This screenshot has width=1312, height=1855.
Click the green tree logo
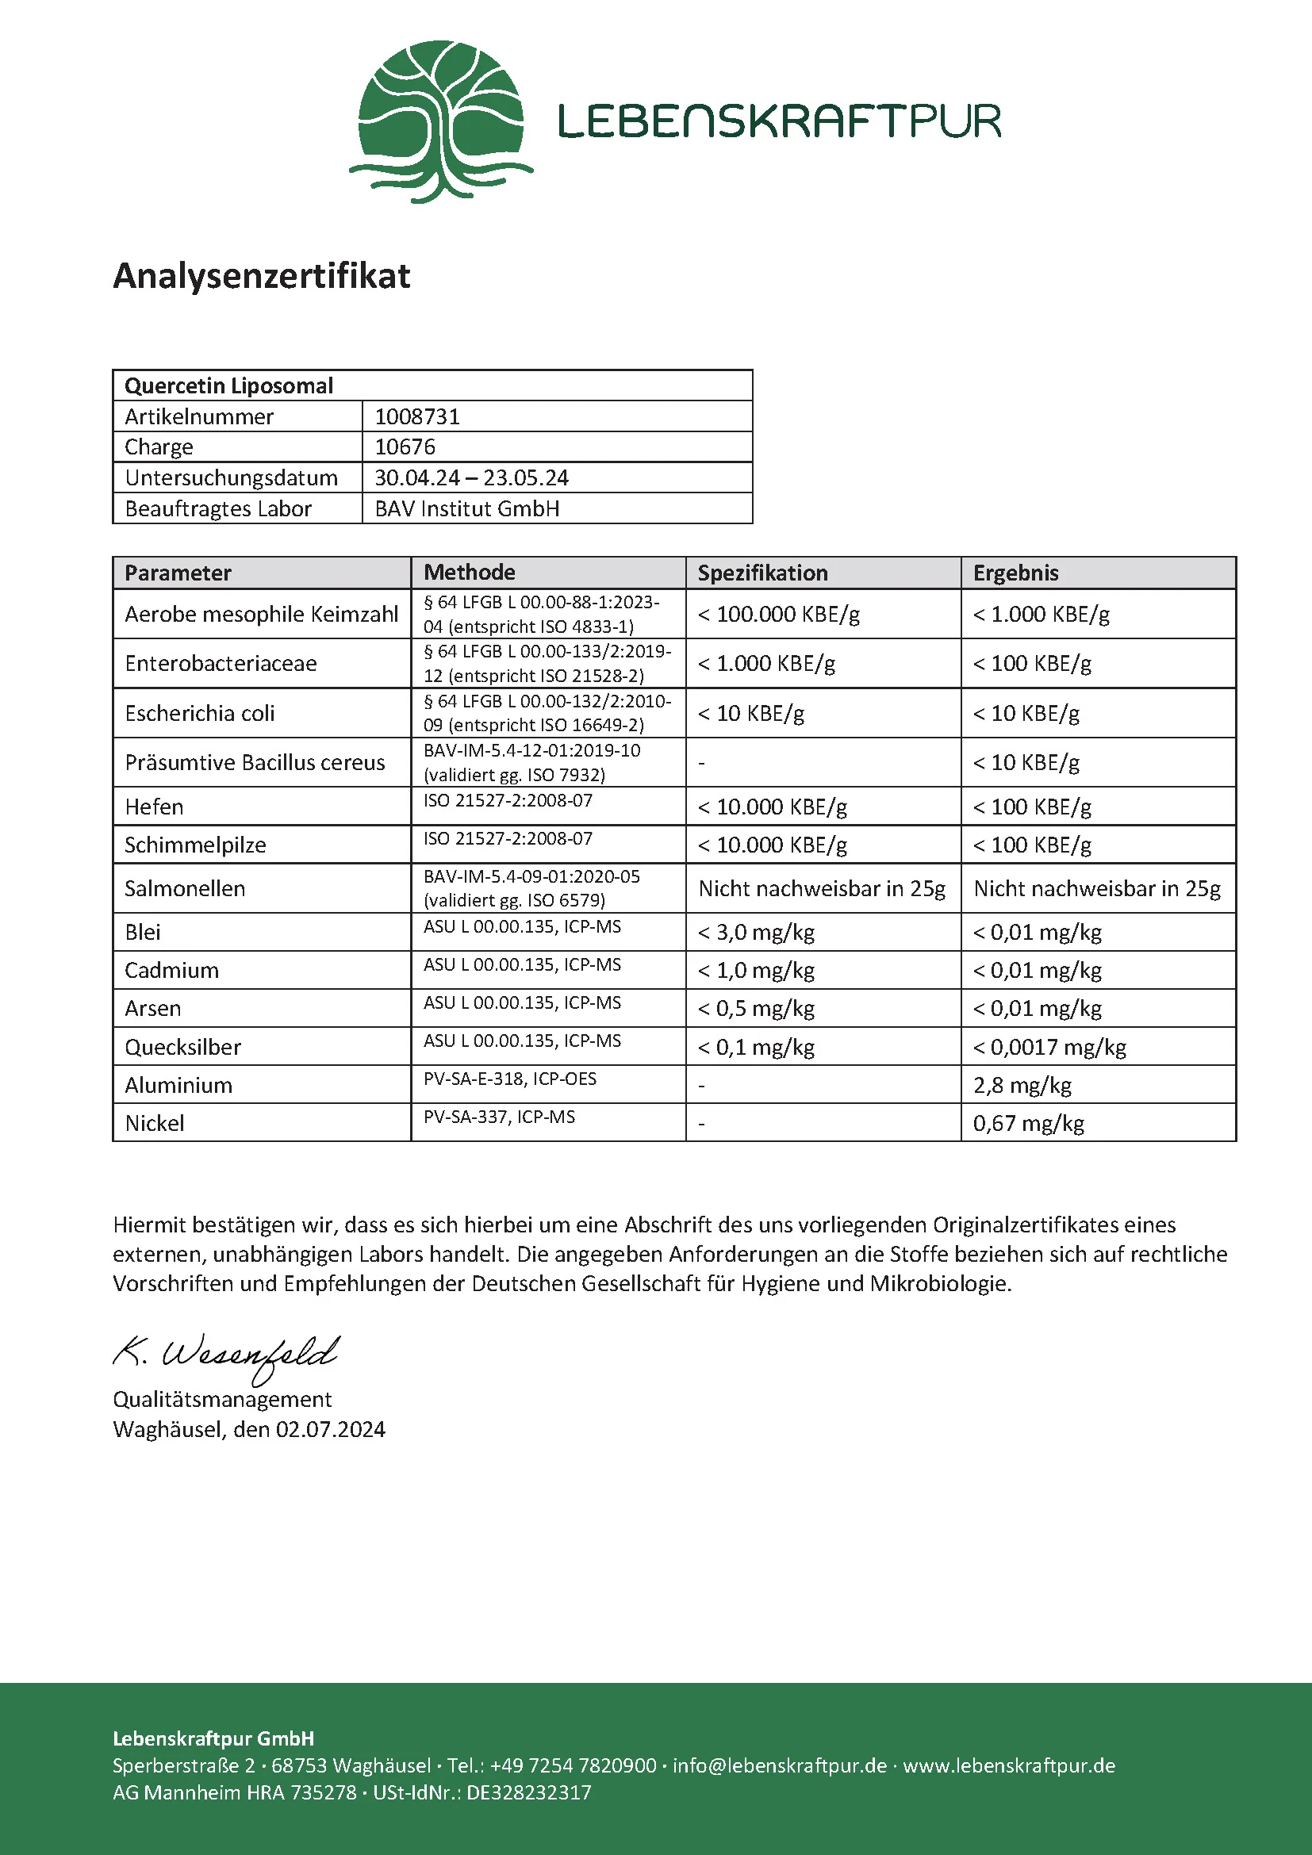[440, 121]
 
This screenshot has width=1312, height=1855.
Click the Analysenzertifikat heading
[262, 275]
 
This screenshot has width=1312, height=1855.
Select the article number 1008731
[417, 416]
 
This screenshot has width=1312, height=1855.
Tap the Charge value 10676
[405, 447]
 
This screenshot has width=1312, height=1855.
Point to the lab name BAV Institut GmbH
[467, 508]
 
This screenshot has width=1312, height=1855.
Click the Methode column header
[470, 572]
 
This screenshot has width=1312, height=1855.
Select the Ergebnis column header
[1015, 573]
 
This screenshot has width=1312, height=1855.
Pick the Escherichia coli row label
[200, 713]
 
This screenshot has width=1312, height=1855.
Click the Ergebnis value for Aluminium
[1022, 1085]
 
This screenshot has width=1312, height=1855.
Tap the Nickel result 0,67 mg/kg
[1029, 1123]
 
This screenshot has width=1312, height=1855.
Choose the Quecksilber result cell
[1049, 1047]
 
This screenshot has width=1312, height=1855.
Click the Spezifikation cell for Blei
[756, 933]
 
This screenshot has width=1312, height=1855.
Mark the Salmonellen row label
[185, 889]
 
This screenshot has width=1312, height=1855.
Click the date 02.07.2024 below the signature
[331, 1429]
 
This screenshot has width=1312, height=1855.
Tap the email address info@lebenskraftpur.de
[780, 1765]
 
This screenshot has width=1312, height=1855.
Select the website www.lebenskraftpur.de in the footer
[1009, 1765]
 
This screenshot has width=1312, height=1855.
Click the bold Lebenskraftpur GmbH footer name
[213, 1738]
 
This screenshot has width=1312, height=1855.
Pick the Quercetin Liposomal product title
[228, 385]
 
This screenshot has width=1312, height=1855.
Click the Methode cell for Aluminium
[510, 1079]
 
